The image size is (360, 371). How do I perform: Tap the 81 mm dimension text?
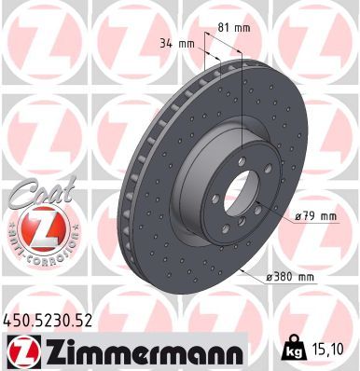pyautogui.click(x=242, y=27)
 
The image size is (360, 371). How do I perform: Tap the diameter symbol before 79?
pyautogui.click(x=296, y=217)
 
